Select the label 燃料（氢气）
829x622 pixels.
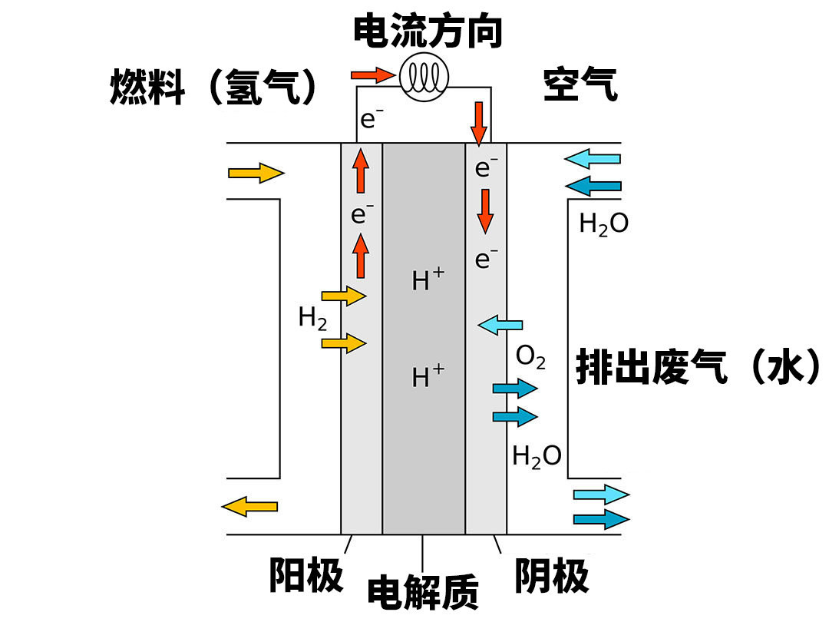click(214, 86)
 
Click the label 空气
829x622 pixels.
click(580, 84)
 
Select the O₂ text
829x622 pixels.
click(530, 356)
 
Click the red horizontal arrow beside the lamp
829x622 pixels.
click(372, 74)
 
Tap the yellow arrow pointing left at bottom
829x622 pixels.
click(249, 505)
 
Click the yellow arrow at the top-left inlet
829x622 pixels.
click(256, 173)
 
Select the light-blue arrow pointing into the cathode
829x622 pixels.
click(500, 325)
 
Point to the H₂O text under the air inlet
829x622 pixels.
click(603, 223)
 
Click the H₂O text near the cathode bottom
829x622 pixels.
click(537, 456)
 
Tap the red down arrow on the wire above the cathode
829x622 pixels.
click(479, 123)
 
